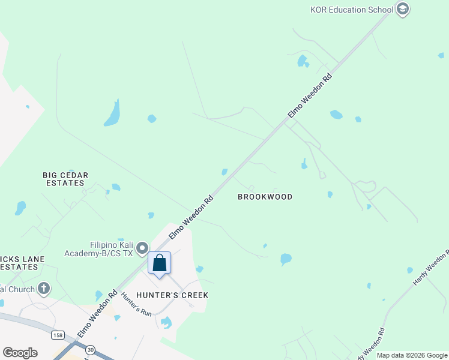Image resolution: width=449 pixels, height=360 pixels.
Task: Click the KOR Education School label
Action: tap(351, 10)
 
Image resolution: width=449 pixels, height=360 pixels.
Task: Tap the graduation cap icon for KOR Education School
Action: tap(403, 9)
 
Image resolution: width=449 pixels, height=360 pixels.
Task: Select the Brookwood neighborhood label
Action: tap(265, 197)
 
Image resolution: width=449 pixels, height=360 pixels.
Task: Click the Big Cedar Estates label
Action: tap(65, 179)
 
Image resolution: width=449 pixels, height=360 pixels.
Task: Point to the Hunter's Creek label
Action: tap(172, 295)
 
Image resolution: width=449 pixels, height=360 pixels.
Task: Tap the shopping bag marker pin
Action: tap(160, 263)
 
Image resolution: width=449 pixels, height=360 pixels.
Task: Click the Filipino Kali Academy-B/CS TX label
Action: tap(111, 249)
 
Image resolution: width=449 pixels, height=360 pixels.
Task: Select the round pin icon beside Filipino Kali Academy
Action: tap(142, 248)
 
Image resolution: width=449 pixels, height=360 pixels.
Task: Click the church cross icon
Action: tap(43, 289)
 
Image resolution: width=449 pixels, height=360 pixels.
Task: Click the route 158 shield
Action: tap(58, 335)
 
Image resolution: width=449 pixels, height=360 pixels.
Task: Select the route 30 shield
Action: tap(90, 349)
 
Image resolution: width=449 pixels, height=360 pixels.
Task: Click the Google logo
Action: tap(20, 353)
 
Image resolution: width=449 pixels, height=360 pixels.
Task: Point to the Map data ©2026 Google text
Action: tap(412, 355)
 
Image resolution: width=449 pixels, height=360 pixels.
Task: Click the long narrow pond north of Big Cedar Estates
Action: tap(112, 113)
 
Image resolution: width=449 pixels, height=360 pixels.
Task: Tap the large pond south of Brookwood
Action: tap(286, 259)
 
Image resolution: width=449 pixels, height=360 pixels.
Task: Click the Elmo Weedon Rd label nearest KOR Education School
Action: tap(310, 95)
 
